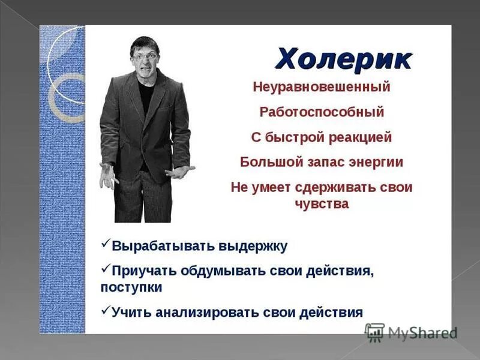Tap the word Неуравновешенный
[x=322, y=87]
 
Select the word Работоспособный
[x=322, y=112]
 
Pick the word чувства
[x=322, y=204]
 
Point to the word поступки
[x=131, y=287]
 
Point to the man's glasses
[x=146, y=55]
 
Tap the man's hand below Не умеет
[x=179, y=172]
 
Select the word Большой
[x=266, y=162]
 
